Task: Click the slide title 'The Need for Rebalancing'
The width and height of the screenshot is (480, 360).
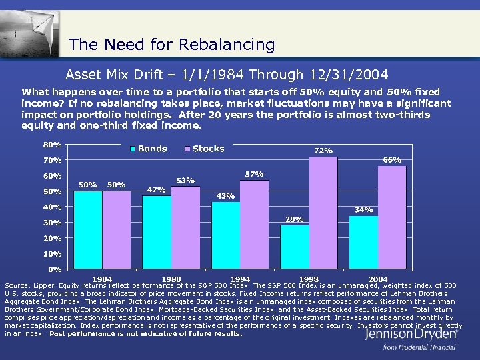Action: (171, 45)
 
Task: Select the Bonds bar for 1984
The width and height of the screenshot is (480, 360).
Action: (88, 230)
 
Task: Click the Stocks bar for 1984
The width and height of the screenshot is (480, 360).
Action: (117, 230)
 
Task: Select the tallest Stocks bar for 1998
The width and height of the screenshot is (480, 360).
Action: (323, 213)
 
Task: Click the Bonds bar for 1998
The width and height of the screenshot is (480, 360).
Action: (295, 247)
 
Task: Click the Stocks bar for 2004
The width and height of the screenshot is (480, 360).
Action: (392, 217)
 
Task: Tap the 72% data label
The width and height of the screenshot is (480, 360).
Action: (323, 151)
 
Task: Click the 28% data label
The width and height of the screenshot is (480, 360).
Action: (295, 219)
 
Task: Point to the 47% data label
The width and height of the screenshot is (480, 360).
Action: (156, 189)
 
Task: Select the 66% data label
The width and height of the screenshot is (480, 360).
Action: (392, 160)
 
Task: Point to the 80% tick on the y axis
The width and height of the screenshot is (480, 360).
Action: (53, 145)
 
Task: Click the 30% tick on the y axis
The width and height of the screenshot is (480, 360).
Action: (53, 223)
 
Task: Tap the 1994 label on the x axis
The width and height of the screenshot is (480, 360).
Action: (240, 279)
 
